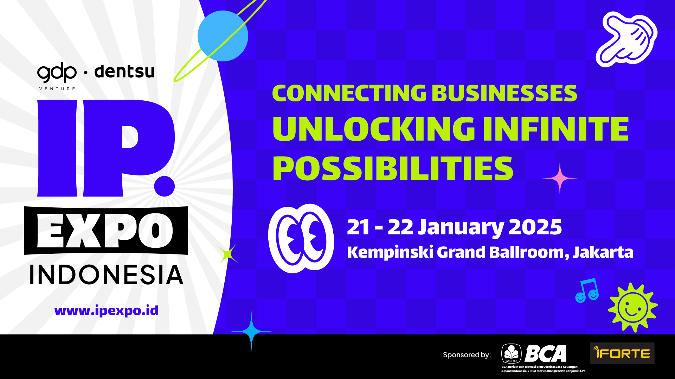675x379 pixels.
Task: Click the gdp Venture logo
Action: click(57, 77)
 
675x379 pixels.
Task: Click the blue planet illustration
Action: click(223, 36)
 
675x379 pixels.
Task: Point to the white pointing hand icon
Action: click(626, 39)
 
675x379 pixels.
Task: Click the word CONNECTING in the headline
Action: click(349, 93)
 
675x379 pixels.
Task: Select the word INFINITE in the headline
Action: click(556, 129)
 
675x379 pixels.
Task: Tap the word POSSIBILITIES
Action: click(393, 168)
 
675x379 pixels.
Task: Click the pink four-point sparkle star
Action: click(560, 178)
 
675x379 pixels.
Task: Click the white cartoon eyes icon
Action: click(301, 239)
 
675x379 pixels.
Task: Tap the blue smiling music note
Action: click(587, 291)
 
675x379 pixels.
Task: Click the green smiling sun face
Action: click(633, 307)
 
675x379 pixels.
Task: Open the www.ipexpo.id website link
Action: click(106, 311)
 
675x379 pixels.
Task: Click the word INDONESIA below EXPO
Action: click(107, 275)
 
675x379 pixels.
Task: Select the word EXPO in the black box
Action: click(105, 231)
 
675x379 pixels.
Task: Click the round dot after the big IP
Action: click(164, 186)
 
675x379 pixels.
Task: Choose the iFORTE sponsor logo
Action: click(622, 353)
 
